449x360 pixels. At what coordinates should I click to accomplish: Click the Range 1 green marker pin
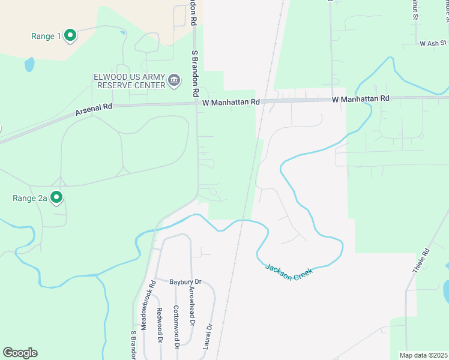pos(70,36)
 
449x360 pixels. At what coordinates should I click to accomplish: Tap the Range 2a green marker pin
pos(57,197)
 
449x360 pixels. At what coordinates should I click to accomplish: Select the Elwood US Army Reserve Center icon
pos(174,80)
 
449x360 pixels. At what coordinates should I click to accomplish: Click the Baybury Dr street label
pos(184,281)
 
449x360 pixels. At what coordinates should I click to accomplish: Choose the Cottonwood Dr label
pos(176,327)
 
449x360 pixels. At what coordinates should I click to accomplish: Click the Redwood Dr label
pos(160,325)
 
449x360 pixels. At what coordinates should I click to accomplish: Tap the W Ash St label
pos(433,44)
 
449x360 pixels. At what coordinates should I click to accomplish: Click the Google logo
pos(20,353)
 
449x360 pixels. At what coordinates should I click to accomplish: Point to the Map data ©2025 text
pos(423,355)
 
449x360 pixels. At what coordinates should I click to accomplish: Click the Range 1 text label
pos(46,36)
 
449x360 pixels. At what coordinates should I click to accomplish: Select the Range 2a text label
pos(31,197)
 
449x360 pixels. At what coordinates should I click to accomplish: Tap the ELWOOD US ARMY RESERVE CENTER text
pos(129,81)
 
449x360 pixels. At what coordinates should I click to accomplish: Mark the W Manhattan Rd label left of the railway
pos(231,103)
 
